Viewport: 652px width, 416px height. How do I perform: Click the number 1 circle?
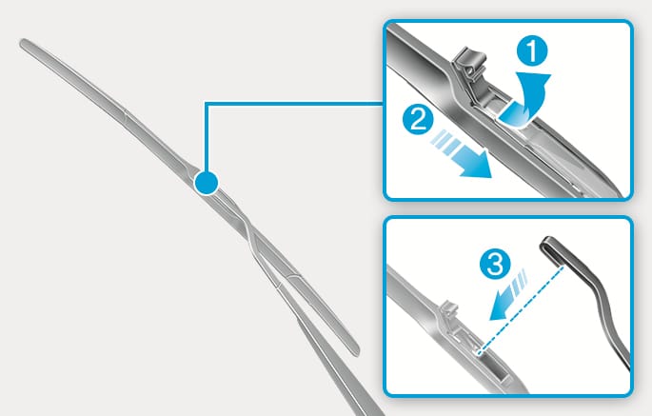[532, 50]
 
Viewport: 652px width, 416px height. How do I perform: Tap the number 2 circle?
[418, 119]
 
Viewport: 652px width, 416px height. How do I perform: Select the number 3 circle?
[495, 265]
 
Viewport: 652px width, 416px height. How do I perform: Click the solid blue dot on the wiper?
[206, 183]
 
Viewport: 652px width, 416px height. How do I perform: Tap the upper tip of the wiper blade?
[23, 42]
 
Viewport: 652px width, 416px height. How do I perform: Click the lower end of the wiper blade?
[357, 353]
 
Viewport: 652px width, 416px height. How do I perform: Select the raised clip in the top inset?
[470, 68]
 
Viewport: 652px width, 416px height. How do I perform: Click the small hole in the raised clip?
[470, 70]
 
